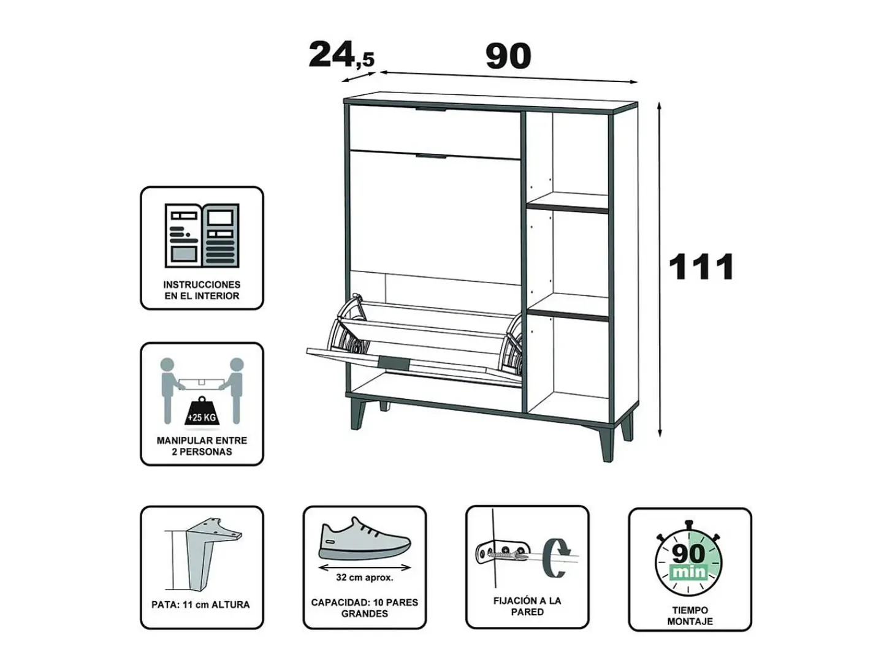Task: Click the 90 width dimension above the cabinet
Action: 508,56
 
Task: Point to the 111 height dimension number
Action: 701,267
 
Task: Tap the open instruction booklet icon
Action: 202,235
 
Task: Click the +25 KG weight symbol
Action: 202,414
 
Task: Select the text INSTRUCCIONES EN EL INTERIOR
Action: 202,290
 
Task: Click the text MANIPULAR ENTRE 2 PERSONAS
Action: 202,446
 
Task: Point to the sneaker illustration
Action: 365,539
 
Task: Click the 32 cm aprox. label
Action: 365,577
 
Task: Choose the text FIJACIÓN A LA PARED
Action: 527,606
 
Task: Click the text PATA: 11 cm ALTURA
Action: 200,605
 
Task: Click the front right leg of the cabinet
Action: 607,443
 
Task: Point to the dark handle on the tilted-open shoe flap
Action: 394,363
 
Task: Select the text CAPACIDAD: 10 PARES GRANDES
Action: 365,608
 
